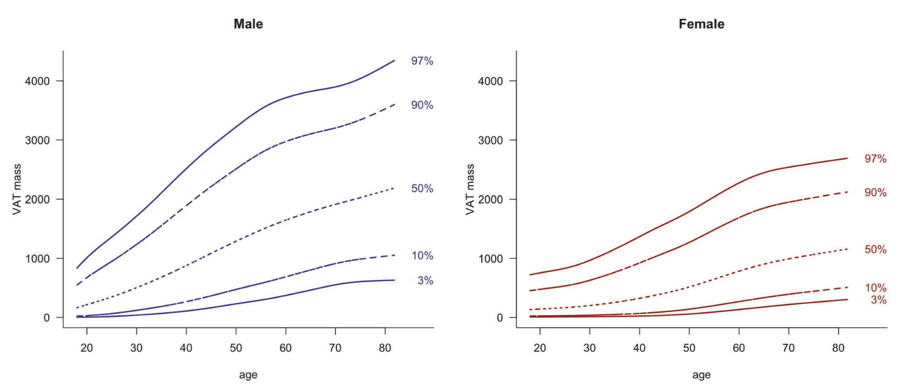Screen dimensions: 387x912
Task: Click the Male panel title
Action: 248,24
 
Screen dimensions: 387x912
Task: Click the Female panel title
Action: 701,24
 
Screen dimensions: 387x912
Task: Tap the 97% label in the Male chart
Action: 422,61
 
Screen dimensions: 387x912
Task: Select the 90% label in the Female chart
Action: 875,193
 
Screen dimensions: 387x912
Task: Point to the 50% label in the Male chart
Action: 422,189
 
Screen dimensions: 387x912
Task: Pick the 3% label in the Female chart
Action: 878,300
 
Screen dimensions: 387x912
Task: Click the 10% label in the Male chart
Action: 422,256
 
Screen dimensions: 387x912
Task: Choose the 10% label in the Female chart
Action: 875,288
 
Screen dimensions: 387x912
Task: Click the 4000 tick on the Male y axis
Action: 37,81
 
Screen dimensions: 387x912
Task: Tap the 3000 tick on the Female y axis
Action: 490,140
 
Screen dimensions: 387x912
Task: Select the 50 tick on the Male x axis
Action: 236,348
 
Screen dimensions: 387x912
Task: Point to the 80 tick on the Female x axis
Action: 838,348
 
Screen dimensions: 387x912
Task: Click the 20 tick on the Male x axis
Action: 86,348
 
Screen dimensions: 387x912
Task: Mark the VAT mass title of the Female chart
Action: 470,190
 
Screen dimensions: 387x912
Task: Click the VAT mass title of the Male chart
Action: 17,190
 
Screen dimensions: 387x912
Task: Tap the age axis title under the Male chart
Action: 248,375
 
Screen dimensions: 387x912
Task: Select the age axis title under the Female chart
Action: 701,375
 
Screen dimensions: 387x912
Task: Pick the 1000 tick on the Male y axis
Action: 37,259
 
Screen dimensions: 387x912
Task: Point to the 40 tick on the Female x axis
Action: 639,348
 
